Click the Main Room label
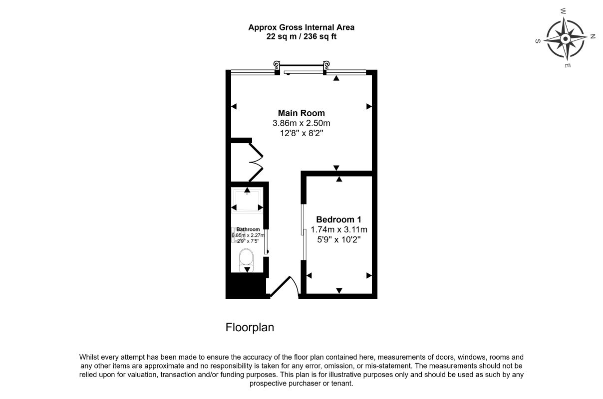click(x=301, y=113)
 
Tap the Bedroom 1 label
click(x=338, y=219)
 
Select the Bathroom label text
click(x=248, y=229)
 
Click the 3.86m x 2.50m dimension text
click(x=301, y=123)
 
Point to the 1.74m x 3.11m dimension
click(x=339, y=229)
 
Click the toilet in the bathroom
click(x=246, y=260)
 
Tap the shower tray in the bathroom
click(x=247, y=200)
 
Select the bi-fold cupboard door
click(x=256, y=162)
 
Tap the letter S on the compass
click(x=538, y=41)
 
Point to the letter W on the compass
click(x=563, y=11)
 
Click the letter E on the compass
click(x=568, y=65)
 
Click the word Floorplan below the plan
click(x=250, y=328)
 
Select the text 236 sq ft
click(x=320, y=36)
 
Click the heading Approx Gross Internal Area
click(x=301, y=27)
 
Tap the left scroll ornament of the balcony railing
click(x=277, y=64)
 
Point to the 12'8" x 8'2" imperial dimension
click(x=301, y=133)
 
